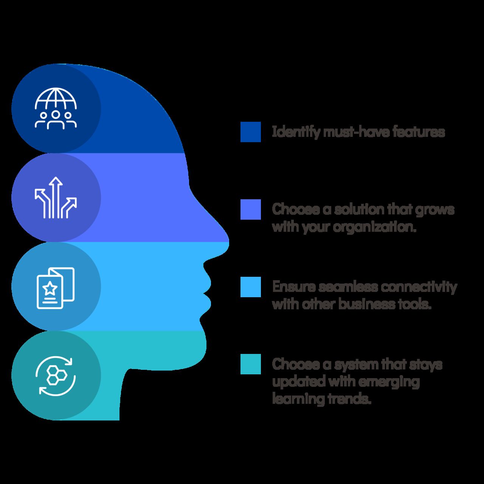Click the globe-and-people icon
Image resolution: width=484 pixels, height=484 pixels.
[x=56, y=109]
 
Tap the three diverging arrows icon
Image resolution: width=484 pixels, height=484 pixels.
[x=56, y=197]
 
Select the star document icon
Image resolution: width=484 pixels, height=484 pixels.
[x=56, y=288]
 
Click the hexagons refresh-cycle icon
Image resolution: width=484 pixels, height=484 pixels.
[x=56, y=375]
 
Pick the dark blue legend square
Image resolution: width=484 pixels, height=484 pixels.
[x=250, y=132]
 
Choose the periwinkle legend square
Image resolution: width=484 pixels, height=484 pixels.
[x=250, y=209]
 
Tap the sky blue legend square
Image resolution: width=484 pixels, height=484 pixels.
[x=250, y=287]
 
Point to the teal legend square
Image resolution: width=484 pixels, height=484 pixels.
[x=250, y=364]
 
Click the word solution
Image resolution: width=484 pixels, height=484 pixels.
[x=359, y=209]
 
